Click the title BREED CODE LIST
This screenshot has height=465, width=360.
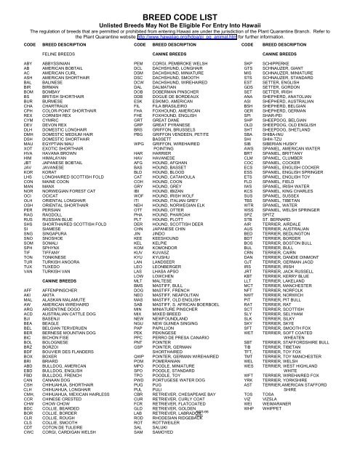tap(180, 7)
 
